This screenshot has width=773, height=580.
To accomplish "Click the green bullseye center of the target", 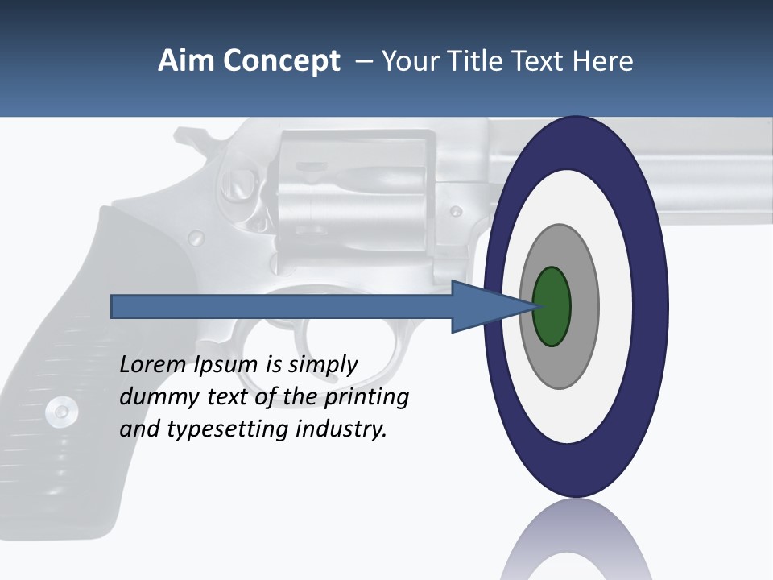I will click(552, 306).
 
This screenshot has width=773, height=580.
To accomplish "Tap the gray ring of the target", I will click(583, 306).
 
